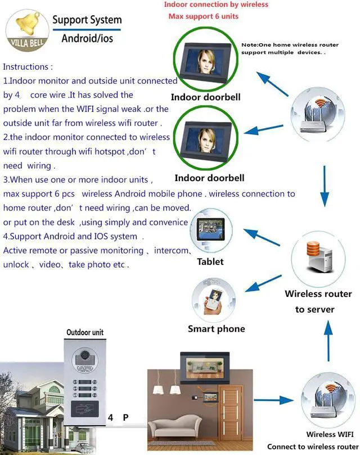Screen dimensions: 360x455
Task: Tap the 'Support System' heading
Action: [87, 20]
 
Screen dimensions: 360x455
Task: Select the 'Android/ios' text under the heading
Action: [87, 38]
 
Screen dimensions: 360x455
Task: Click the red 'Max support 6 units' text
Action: [203, 16]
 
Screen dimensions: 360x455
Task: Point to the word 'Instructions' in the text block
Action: [28, 66]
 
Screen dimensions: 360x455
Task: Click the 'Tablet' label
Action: [210, 262]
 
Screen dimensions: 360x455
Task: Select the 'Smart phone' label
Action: [216, 329]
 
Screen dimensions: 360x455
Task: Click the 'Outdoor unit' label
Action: [85, 332]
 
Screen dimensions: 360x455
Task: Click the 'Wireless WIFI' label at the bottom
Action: [328, 434]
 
